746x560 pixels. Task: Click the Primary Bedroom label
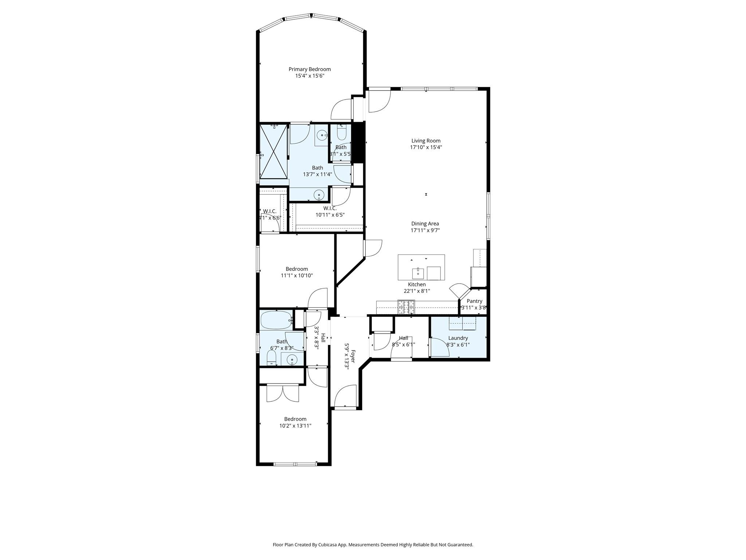pos(310,69)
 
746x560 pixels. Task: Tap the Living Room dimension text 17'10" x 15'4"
pos(426,147)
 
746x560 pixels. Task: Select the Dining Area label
pos(425,223)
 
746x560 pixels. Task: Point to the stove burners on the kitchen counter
pos(406,307)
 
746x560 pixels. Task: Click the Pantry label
pos(474,301)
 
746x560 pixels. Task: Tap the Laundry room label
pos(458,338)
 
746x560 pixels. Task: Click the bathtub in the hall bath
pos(276,320)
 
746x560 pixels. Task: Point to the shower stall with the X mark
pos(274,151)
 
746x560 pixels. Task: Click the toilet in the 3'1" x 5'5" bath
pos(341,133)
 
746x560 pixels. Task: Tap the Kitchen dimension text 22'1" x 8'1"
pos(417,291)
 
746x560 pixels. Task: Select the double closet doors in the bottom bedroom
pos(283,393)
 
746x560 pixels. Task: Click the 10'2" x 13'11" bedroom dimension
pos(295,425)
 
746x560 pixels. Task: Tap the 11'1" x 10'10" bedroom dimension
pos(297,276)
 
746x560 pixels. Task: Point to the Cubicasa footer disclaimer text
pos(373,545)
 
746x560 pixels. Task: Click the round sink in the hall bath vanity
pos(292,360)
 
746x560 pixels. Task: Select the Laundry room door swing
pos(439,347)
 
